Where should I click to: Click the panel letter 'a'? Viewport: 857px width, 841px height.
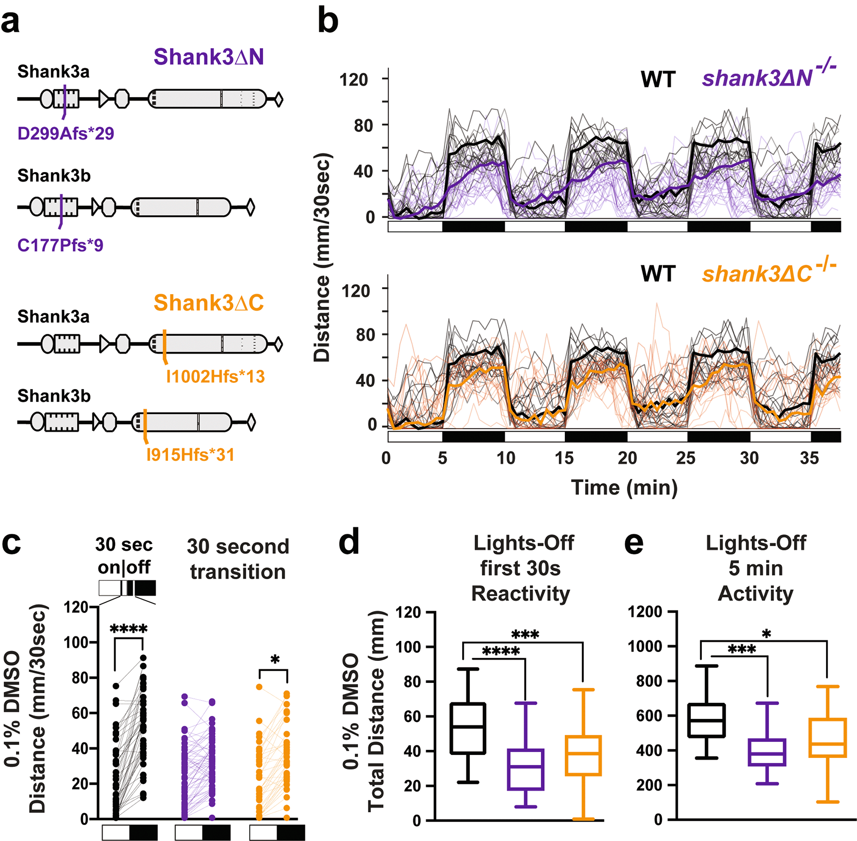[x=11, y=22]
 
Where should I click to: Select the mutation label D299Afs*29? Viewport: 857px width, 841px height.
[x=66, y=134]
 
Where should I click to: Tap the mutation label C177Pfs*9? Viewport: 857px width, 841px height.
[x=60, y=245]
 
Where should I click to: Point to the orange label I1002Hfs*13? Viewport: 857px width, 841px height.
[x=215, y=376]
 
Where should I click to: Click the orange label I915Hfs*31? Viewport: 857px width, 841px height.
[x=190, y=455]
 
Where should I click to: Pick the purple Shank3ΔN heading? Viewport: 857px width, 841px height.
[x=209, y=57]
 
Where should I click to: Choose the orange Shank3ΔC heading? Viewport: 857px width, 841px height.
[x=209, y=303]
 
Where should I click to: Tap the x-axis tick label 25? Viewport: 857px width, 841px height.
[x=685, y=458]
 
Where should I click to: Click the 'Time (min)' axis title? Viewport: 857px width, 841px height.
[x=624, y=487]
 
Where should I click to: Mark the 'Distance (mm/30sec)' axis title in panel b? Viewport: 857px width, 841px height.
[x=322, y=258]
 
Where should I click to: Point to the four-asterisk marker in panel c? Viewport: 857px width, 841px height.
[x=129, y=629]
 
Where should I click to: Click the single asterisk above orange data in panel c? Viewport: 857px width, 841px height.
[x=275, y=660]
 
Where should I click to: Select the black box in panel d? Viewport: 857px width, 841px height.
[x=468, y=728]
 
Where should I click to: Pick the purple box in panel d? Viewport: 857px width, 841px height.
[x=525, y=769]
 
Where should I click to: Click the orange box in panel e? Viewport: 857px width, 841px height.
[x=827, y=738]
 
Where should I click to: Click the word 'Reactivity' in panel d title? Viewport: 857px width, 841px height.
[x=520, y=594]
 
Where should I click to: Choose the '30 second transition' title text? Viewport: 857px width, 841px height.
[x=238, y=559]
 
